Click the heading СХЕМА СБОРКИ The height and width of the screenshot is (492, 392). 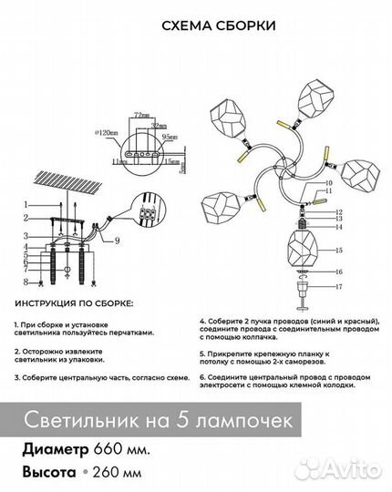point(195,26)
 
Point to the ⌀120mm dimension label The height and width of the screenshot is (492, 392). point(107,133)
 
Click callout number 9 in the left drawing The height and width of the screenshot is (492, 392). point(118,241)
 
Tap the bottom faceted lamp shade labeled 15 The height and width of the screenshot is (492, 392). point(303,249)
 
